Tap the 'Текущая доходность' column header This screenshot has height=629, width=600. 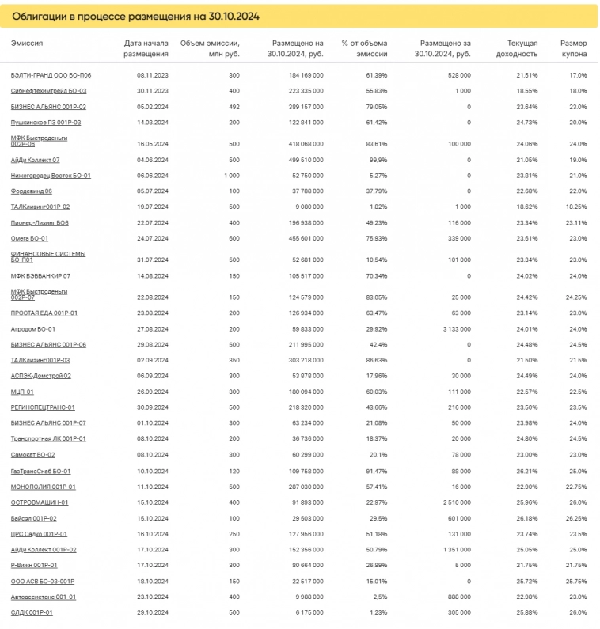(x=522, y=48)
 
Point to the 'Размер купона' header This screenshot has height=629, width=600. (x=573, y=48)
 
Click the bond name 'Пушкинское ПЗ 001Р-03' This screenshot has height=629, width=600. (x=46, y=123)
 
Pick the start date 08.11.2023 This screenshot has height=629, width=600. (x=153, y=75)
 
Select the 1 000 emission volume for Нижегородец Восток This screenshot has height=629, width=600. (x=231, y=176)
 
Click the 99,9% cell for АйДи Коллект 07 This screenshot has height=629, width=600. (x=376, y=160)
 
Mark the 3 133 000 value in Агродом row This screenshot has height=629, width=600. (x=454, y=329)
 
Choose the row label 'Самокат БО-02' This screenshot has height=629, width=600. (x=33, y=455)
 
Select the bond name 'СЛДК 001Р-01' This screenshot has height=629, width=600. (x=32, y=612)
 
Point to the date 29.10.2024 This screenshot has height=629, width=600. (x=153, y=612)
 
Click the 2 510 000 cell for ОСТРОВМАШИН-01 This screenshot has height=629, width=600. (x=454, y=502)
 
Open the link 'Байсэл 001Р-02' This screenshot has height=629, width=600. (x=34, y=518)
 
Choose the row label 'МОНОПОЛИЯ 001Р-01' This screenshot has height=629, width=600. (x=44, y=487)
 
